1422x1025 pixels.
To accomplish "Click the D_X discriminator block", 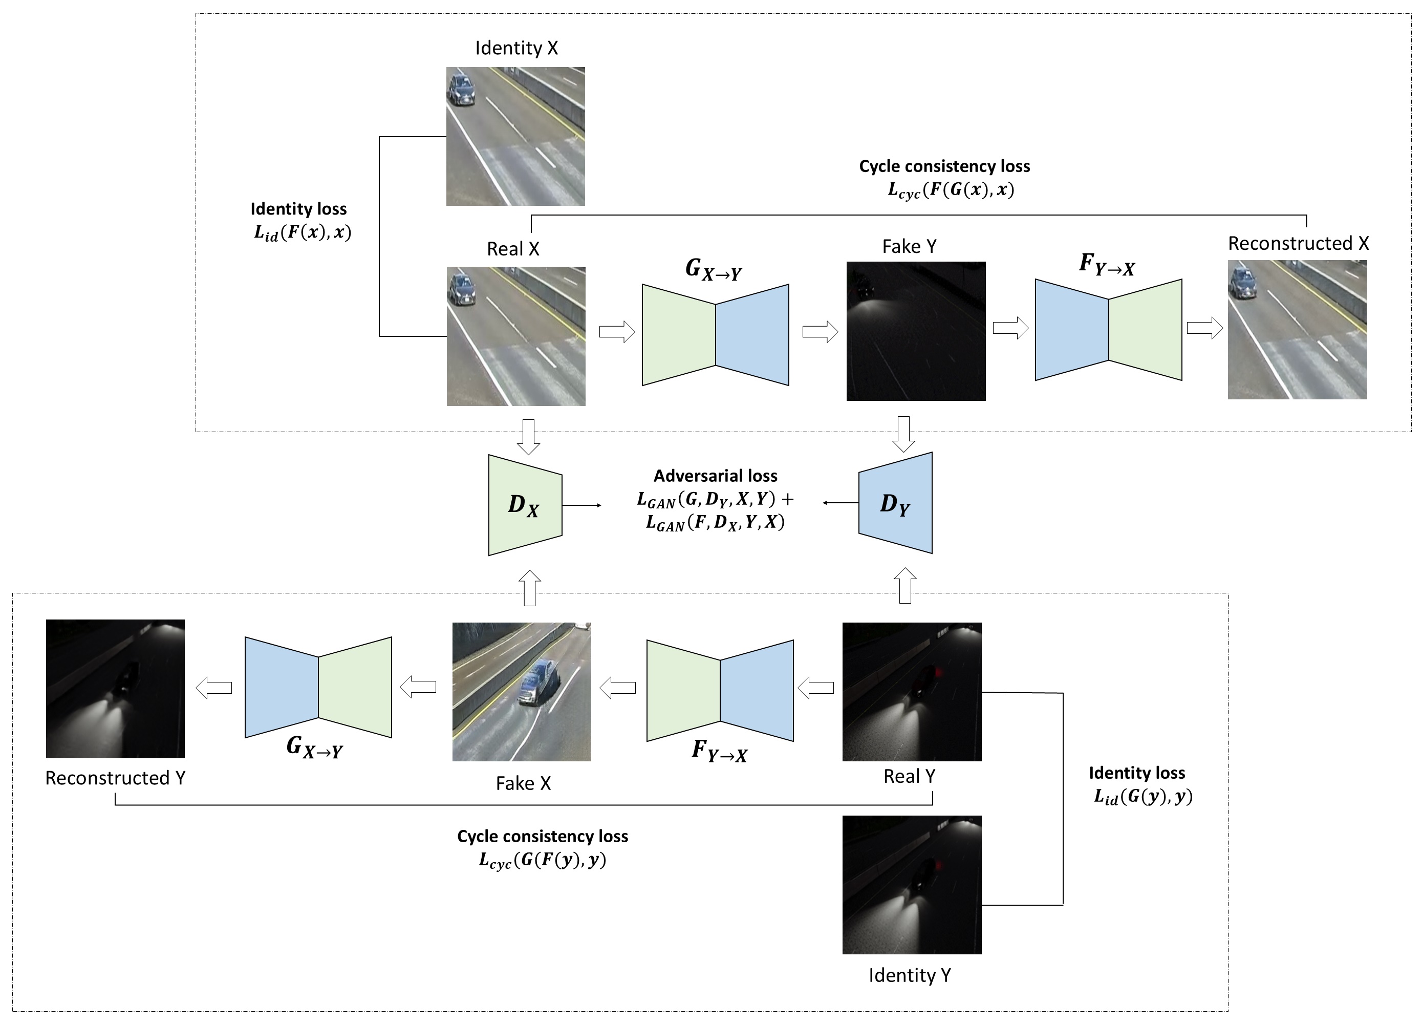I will point(525,505).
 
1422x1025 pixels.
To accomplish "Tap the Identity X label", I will point(516,48).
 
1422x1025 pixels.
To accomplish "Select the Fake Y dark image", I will point(915,331).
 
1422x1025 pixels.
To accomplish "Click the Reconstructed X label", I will point(1298,243).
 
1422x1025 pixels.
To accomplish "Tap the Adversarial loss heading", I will point(716,476).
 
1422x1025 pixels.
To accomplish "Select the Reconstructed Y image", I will point(115,689).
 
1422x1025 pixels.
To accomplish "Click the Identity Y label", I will point(909,975).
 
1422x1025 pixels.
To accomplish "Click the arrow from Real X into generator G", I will point(617,331).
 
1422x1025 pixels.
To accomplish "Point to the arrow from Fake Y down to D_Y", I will point(903,434).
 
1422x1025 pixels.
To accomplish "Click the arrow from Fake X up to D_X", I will point(530,588).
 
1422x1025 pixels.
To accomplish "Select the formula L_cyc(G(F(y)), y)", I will point(543,860).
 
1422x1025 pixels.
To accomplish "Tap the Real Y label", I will point(909,776).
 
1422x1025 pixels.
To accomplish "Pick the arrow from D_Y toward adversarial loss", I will point(840,502).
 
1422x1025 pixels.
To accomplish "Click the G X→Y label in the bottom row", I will point(314,746).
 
